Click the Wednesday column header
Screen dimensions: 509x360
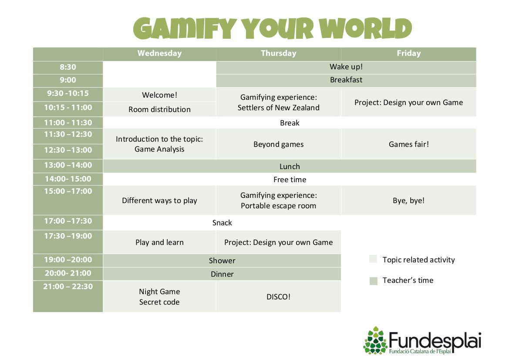pos(159,53)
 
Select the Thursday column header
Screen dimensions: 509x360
pos(279,53)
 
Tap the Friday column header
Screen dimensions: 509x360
pos(408,53)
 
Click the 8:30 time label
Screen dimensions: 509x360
pos(68,67)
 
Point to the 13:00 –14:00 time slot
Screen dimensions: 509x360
pos(68,165)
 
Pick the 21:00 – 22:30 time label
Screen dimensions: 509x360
pos(68,287)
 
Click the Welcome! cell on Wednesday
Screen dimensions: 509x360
pos(159,95)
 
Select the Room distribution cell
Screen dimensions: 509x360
pos(159,109)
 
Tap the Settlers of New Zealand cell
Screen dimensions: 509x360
pos(279,102)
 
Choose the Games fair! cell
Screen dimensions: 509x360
pos(409,144)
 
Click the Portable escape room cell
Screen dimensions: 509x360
pos(279,200)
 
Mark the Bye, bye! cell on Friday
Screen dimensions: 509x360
pos(409,200)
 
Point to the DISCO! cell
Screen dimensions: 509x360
pos(279,297)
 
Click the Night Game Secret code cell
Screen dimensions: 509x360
pos(159,297)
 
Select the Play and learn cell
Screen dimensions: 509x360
pos(159,242)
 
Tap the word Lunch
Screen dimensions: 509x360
pos(290,166)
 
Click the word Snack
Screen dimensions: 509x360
pos(222,223)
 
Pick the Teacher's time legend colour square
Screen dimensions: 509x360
pos(373,281)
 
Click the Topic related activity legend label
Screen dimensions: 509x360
pos(419,260)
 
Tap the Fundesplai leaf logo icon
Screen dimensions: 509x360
pos(375,340)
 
